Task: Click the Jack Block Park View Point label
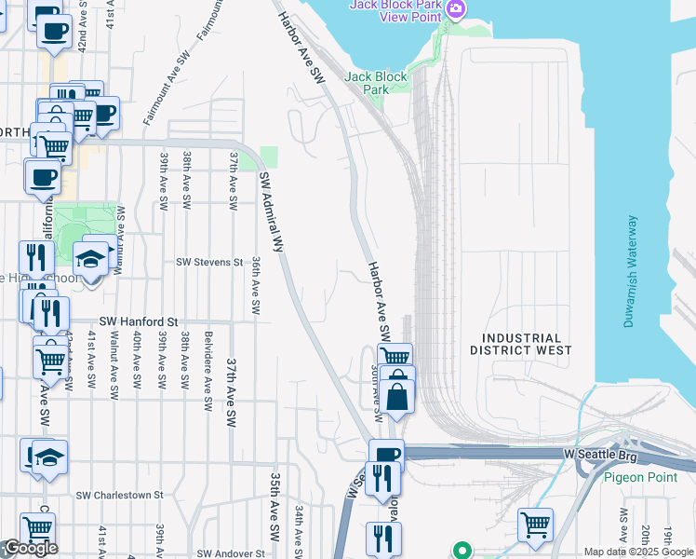click(x=395, y=10)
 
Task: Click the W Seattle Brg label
click(x=603, y=453)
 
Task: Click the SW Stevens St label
click(x=209, y=263)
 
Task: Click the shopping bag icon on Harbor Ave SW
click(x=397, y=394)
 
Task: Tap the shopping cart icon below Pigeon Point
click(x=535, y=524)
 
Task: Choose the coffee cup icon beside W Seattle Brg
click(x=386, y=454)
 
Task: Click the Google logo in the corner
click(x=30, y=549)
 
